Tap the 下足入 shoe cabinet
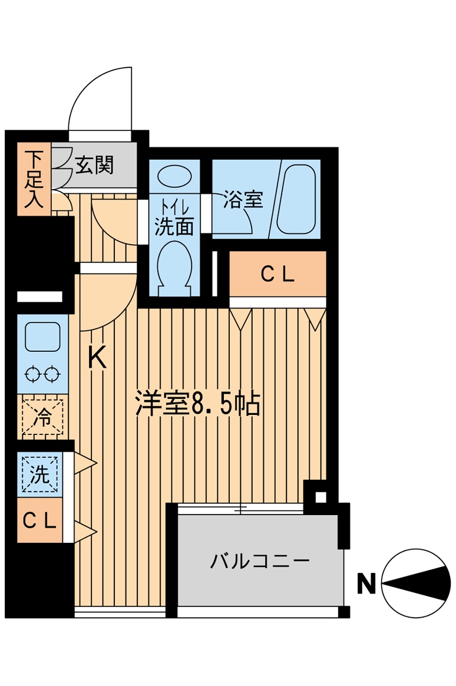click(x=34, y=180)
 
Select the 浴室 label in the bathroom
click(x=242, y=199)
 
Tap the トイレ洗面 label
click(x=174, y=218)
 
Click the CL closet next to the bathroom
click(x=277, y=274)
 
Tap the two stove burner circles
click(x=42, y=374)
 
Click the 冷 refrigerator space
click(x=42, y=416)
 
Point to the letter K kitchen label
click(x=97, y=358)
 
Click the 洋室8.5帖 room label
click(x=197, y=404)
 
